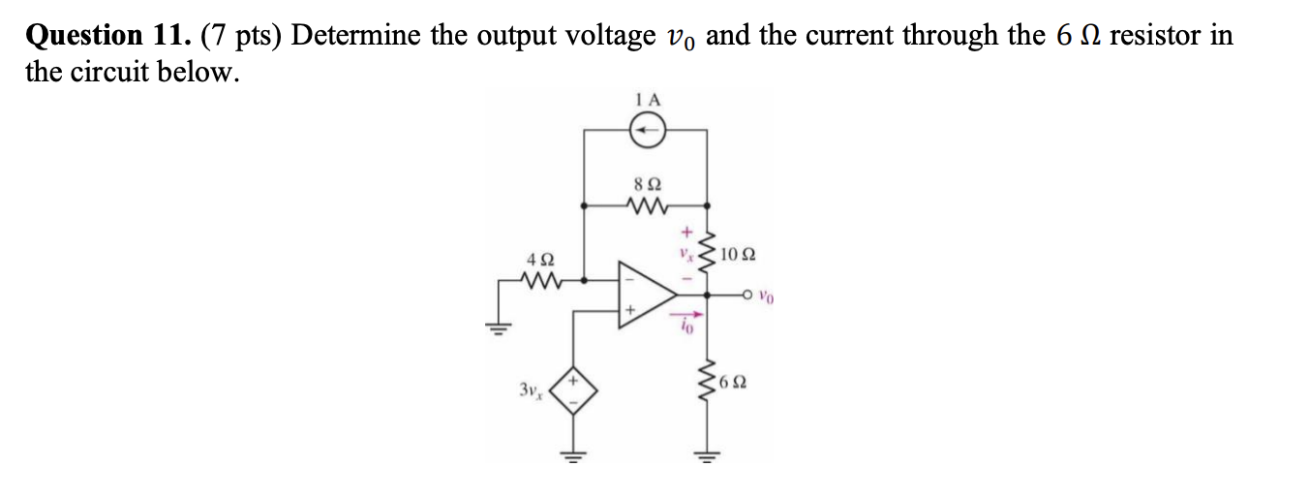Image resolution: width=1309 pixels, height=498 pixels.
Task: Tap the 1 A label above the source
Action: click(648, 98)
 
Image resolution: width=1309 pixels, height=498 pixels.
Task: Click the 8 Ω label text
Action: click(646, 182)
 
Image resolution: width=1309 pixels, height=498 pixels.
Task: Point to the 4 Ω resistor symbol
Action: click(536, 282)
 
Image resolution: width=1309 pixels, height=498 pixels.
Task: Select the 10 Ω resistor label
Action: click(739, 256)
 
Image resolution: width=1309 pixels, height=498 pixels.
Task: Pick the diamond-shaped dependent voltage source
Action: click(574, 393)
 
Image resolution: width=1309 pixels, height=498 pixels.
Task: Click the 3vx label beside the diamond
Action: click(530, 391)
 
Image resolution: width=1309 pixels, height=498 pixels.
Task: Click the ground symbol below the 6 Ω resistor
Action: click(707, 453)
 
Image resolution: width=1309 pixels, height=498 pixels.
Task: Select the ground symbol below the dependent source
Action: click(574, 453)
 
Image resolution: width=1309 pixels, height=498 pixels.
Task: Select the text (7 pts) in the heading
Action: click(241, 36)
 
